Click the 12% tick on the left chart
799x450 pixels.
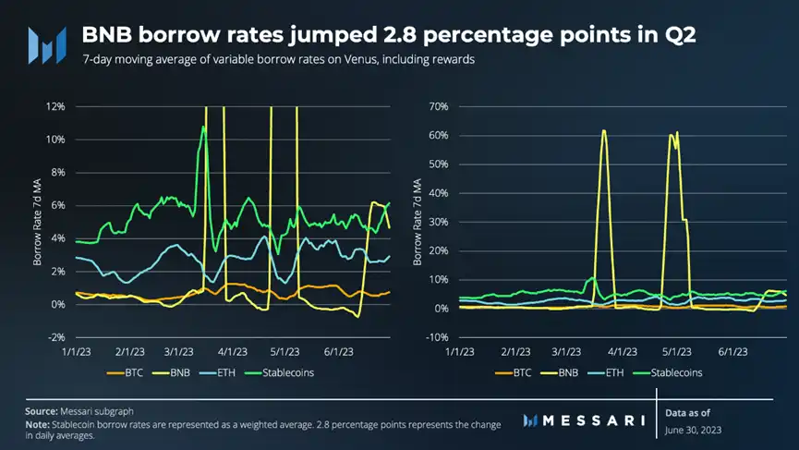coord(54,106)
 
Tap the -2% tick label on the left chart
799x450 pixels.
coord(54,337)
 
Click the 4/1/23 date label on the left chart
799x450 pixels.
coord(236,352)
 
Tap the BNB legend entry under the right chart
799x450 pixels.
coord(570,373)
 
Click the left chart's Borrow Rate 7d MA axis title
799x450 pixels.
coord(39,223)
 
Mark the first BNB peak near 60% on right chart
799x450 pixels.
coord(604,131)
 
